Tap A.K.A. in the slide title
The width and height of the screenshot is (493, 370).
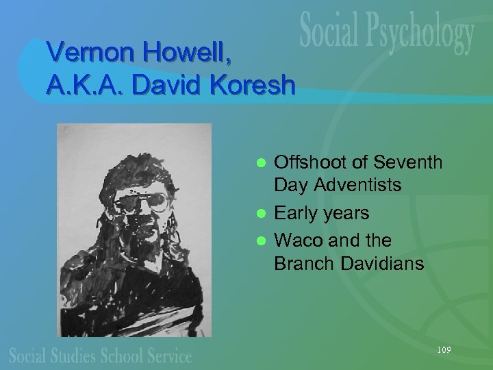[84, 84]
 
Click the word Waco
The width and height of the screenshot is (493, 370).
[299, 241]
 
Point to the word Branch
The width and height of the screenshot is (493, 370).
[303, 263]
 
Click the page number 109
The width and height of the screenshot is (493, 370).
[444, 350]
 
